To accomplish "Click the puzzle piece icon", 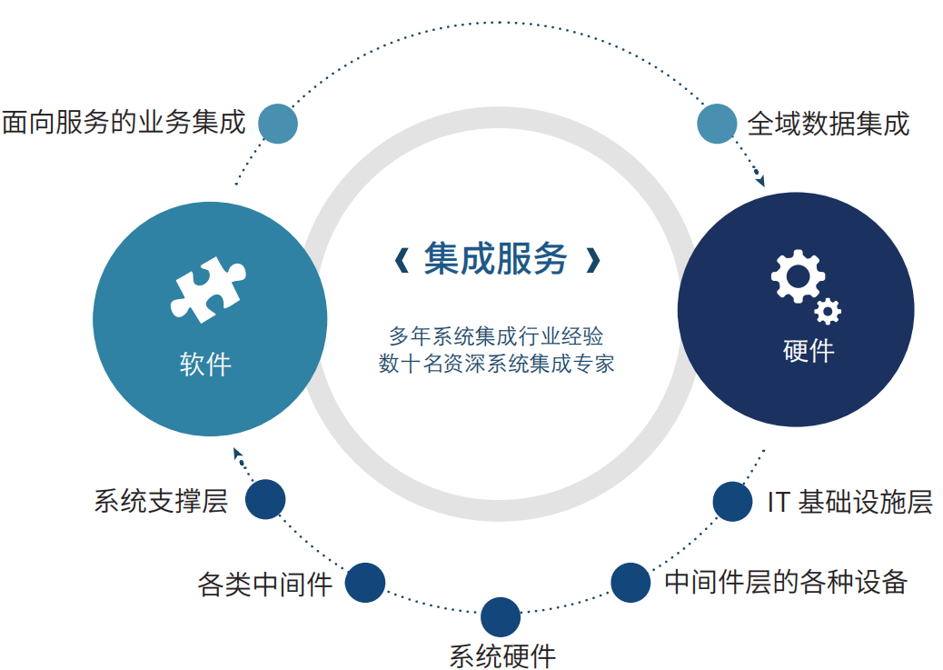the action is [207, 290].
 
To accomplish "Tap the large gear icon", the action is [798, 276].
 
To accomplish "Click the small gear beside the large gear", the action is [828, 311].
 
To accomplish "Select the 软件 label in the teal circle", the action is [205, 365].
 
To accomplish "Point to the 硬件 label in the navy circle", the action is [809, 350].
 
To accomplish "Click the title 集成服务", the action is [495, 259].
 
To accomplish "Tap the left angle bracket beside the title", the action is [402, 261].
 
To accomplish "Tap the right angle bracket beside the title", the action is [593, 261].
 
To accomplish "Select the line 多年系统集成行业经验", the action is [496, 335].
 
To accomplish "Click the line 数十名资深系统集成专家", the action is [496, 364].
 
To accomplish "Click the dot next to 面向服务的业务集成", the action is [278, 124].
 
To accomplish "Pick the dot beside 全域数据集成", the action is [717, 124].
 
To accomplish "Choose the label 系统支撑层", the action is [161, 501].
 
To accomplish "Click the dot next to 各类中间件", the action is [365, 583].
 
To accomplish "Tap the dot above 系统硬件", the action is [501, 617].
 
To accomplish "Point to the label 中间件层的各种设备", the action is [786, 582].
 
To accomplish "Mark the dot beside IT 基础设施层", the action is [732, 502].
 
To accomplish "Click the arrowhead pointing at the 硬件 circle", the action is [760, 180].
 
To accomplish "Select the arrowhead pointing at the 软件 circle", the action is [237, 454].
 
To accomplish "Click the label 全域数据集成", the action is [829, 124].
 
